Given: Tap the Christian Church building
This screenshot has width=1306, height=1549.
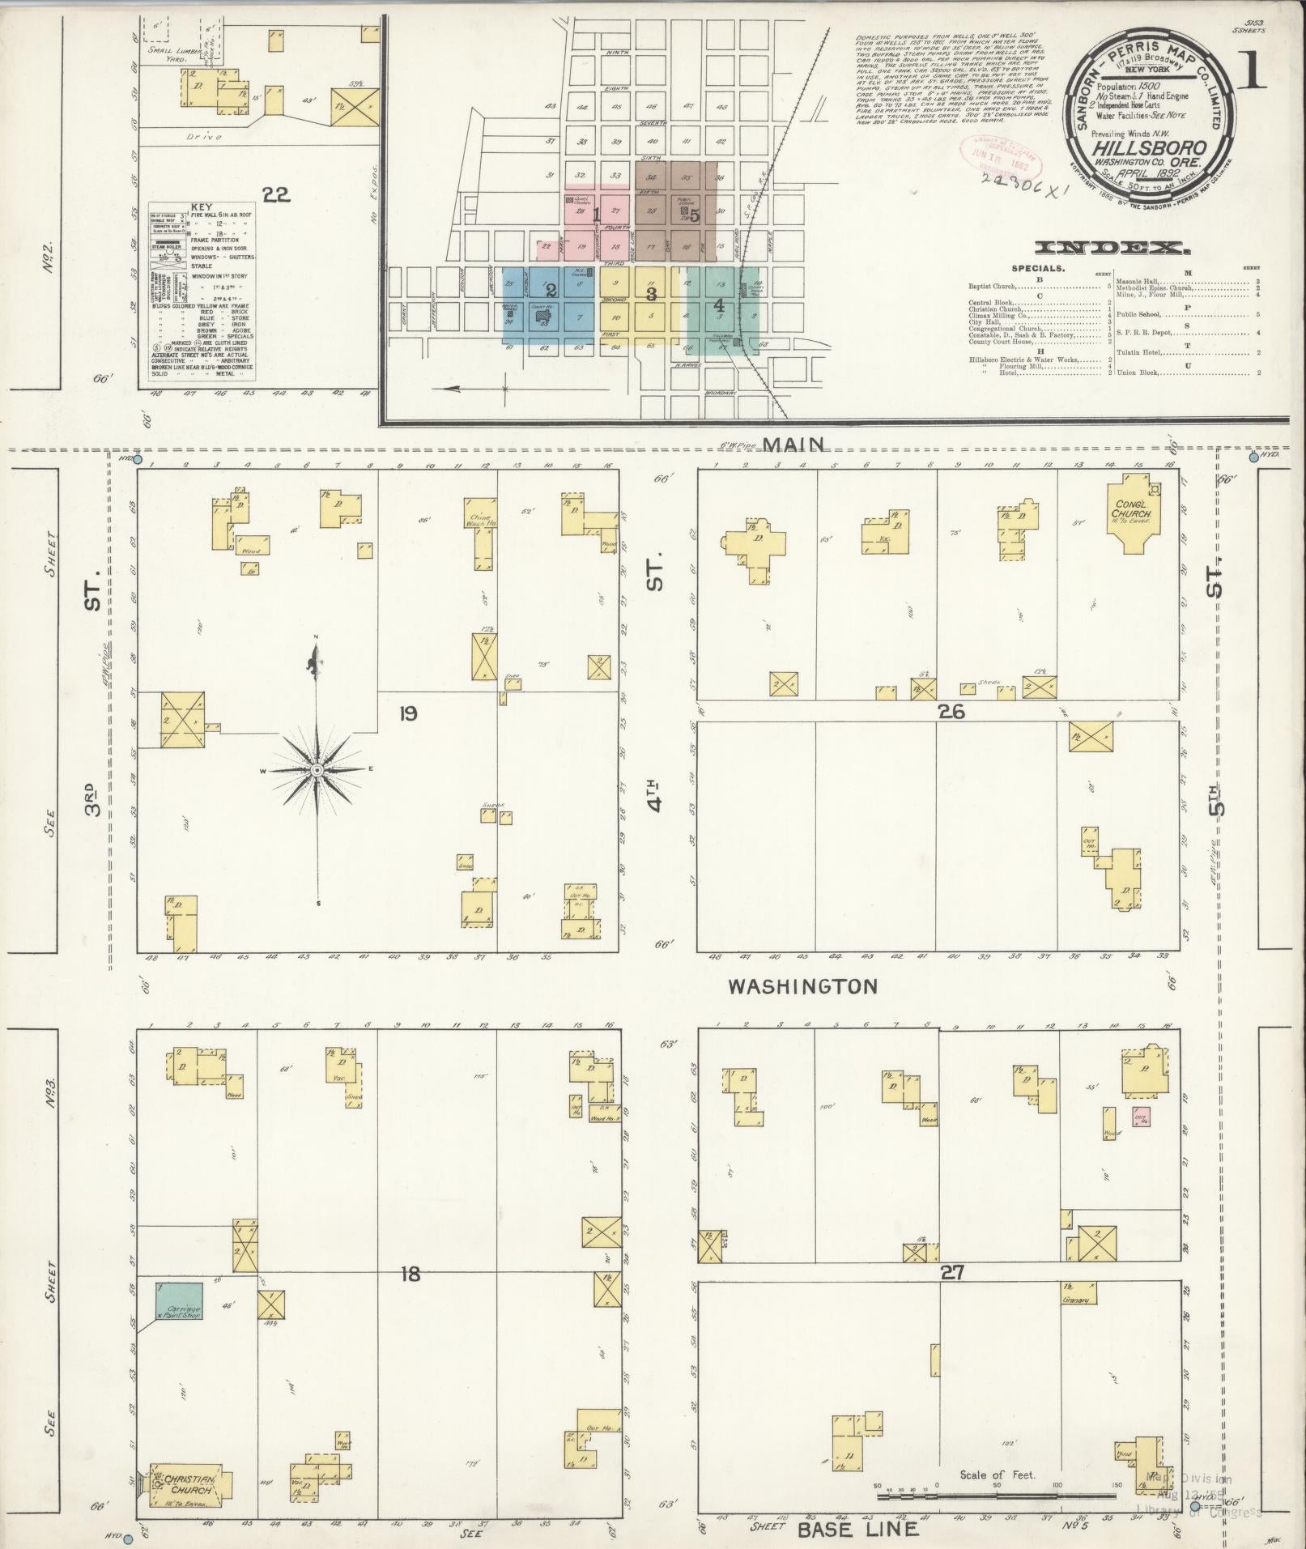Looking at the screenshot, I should coord(189,1484).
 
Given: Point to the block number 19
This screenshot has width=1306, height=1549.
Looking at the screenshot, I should coord(407,713).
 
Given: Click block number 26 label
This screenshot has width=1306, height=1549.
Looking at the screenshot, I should coord(950,712).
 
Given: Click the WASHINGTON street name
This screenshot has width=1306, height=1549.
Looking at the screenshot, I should coord(802,986).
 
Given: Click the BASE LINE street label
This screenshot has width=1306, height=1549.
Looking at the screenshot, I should coord(859,1529).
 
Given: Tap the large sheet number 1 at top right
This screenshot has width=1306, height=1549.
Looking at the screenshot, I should coord(1253,74).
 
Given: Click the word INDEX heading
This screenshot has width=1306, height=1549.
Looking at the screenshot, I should coord(1112,248).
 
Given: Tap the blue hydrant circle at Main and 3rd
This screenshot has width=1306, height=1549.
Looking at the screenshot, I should coord(138,460).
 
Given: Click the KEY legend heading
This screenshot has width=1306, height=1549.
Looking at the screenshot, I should coord(201,206).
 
